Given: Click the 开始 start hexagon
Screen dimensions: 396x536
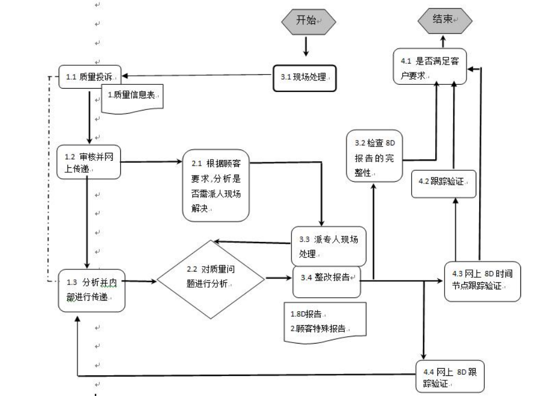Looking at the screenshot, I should coord(307,21).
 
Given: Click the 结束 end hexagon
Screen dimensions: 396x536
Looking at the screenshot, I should coord(445,20).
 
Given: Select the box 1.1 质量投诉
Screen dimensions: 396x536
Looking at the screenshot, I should coord(89,78).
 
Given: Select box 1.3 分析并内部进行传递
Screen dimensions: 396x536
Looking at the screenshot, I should coord(91,289).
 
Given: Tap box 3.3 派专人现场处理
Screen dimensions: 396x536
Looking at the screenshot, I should coord(329,247).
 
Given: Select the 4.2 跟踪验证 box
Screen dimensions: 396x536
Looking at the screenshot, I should coord(444,181).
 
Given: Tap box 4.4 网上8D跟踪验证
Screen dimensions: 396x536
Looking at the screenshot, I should coord(450,378).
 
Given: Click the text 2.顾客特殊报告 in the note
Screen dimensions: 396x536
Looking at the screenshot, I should coord(317,327).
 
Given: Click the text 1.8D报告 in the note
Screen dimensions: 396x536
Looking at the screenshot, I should coord(308,314).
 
